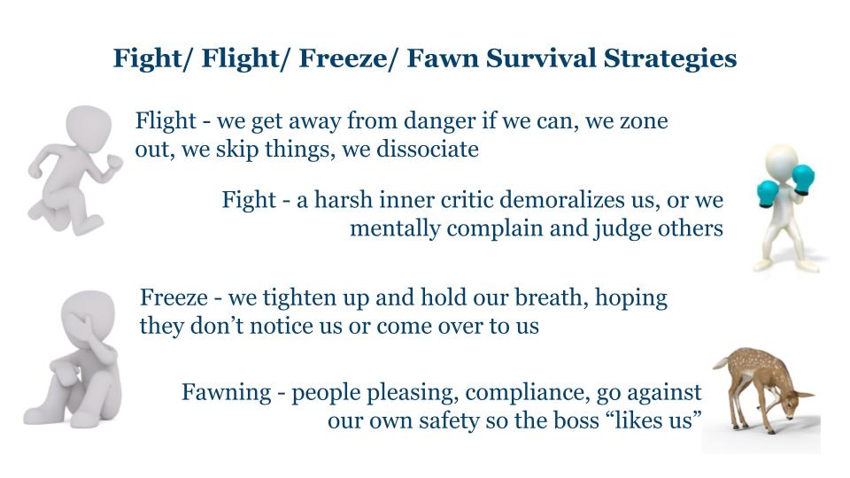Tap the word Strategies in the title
pyautogui.click(x=670, y=59)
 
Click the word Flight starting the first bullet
pyautogui.click(x=166, y=121)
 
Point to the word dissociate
pyautogui.click(x=427, y=149)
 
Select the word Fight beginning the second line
pyautogui.click(x=249, y=201)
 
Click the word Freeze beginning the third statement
pyautogui.click(x=174, y=297)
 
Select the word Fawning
pyautogui.click(x=226, y=393)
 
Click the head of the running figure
pyautogui.click(x=89, y=125)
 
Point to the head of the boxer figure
pyautogui.click(x=781, y=161)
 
